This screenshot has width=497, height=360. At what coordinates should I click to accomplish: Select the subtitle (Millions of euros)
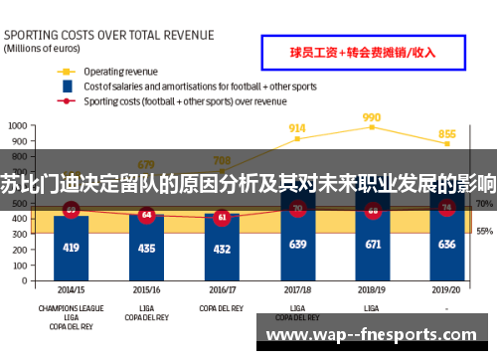click(x=42, y=47)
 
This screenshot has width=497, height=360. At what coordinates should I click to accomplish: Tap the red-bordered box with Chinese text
click(x=360, y=52)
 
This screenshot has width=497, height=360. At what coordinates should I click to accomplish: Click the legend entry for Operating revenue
click(x=118, y=72)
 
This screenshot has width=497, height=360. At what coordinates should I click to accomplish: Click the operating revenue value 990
click(x=372, y=116)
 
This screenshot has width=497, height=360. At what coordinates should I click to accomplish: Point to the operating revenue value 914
click(x=296, y=128)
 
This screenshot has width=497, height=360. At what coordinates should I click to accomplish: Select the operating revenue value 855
click(x=447, y=134)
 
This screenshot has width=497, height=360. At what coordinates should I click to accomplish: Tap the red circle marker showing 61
click(x=222, y=216)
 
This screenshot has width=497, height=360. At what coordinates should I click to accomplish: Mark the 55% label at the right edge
click(x=485, y=231)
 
